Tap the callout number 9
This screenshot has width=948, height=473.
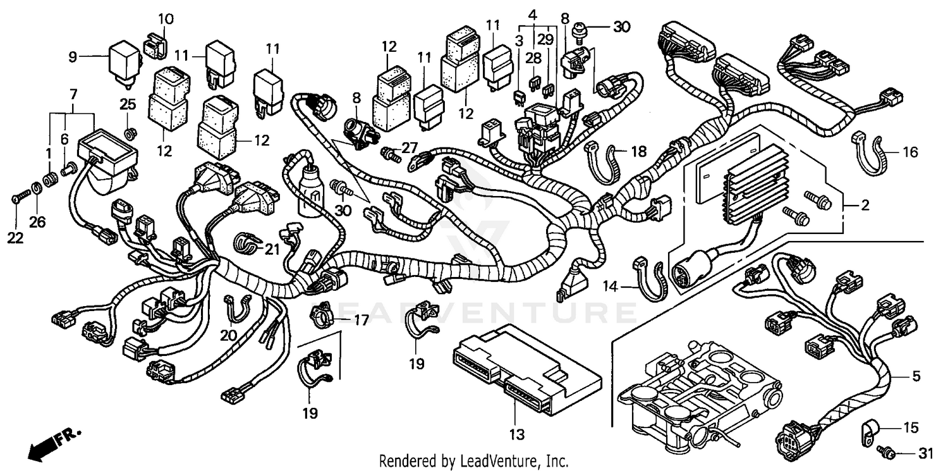[73, 57]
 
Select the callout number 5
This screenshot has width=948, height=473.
[916, 378]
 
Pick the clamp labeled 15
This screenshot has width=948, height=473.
[871, 431]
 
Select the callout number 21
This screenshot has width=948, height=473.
[272, 250]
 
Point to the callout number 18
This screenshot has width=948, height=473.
[639, 151]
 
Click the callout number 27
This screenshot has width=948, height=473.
[410, 148]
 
